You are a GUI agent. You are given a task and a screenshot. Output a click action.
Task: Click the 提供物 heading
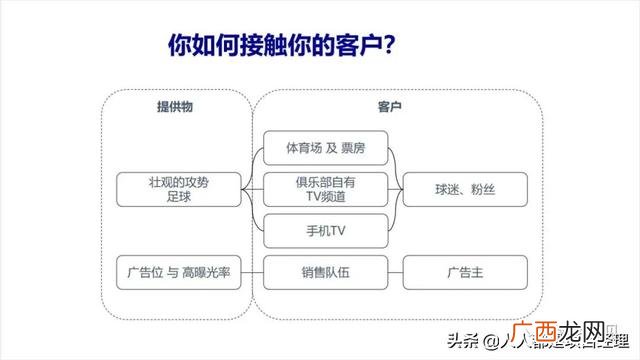pyautogui.click(x=174, y=106)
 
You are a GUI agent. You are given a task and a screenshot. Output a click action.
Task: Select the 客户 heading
pyautogui.click(x=390, y=106)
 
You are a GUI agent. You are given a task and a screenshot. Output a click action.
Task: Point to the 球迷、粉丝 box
pyautogui.click(x=464, y=188)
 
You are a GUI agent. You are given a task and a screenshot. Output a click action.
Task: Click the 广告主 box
pyautogui.click(x=464, y=272)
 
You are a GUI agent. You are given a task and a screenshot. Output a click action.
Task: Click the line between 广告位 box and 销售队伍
pyautogui.click(x=253, y=272)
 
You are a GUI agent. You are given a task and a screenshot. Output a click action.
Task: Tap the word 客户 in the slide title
pyautogui.click(x=351, y=46)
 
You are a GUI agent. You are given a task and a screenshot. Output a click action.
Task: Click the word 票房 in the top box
pyautogui.click(x=351, y=148)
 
